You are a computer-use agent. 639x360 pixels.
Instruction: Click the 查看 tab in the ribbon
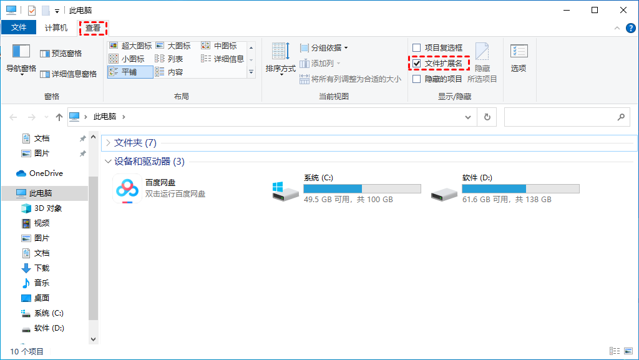point(93,27)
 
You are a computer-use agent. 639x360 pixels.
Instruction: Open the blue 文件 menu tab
point(19,27)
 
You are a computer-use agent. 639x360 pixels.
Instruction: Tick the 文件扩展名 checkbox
point(416,64)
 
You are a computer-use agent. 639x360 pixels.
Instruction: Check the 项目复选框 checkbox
point(416,48)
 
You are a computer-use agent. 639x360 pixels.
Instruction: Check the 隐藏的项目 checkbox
point(416,79)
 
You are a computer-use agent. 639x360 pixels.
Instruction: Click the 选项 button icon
point(519,51)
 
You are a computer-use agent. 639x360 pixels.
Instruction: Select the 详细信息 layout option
point(223,59)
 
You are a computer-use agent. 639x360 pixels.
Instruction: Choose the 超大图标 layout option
point(130,46)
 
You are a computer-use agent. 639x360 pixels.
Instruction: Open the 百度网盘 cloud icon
point(127,188)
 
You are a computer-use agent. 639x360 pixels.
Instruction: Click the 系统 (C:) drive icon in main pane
point(285,192)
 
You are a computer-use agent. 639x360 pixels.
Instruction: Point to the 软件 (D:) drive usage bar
point(520,188)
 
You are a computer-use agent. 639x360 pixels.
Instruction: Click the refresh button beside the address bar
point(487,117)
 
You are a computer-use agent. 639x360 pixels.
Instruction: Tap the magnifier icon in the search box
point(621,117)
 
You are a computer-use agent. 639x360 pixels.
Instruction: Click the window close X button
point(623,10)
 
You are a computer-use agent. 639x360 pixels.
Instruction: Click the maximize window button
point(595,10)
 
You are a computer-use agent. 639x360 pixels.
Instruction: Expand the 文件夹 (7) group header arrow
point(108,142)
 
